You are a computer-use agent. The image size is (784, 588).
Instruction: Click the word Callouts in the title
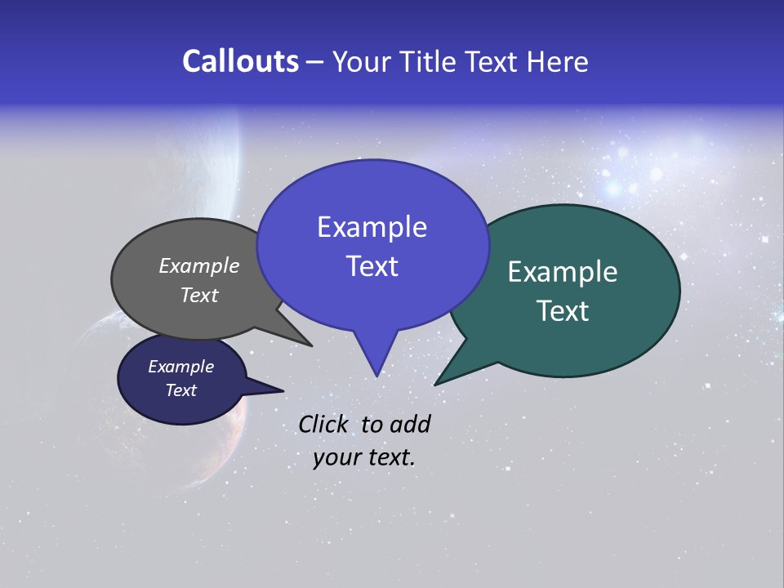[240, 61]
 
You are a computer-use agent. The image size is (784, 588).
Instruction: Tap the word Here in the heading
[557, 61]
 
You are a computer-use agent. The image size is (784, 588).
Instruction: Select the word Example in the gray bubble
[199, 265]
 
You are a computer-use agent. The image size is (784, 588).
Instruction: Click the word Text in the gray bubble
[199, 295]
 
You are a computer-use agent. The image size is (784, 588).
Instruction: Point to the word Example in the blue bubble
[372, 227]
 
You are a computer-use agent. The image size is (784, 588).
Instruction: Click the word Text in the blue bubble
[372, 266]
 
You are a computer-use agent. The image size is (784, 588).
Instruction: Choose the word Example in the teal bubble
[563, 272]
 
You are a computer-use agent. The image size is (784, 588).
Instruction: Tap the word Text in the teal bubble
[563, 311]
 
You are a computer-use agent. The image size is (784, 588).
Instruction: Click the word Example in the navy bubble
[180, 367]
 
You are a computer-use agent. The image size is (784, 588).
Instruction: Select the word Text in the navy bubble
[180, 390]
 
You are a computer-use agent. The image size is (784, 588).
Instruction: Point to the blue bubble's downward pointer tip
[376, 376]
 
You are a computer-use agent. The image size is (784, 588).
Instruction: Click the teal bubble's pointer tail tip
[435, 385]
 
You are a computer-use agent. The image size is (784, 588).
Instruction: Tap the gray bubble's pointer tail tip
[312, 345]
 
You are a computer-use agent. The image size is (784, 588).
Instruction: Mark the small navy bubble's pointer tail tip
[283, 390]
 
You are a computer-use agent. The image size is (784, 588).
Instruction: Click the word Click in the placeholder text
[324, 424]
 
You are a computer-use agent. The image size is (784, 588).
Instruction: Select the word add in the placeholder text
[409, 424]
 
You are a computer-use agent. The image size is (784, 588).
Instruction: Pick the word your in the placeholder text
[336, 457]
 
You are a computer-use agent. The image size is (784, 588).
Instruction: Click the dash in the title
[315, 62]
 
